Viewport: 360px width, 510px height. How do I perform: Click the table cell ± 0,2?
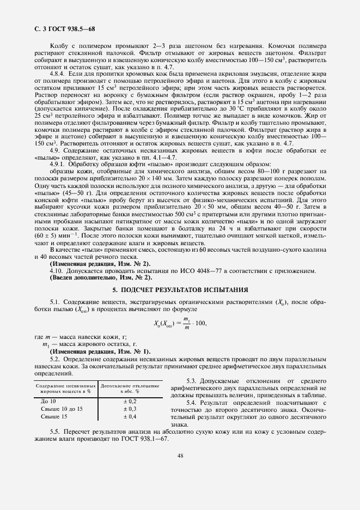point(130,400)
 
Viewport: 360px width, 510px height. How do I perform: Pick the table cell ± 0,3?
point(130,408)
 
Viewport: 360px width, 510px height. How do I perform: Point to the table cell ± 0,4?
point(130,416)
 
